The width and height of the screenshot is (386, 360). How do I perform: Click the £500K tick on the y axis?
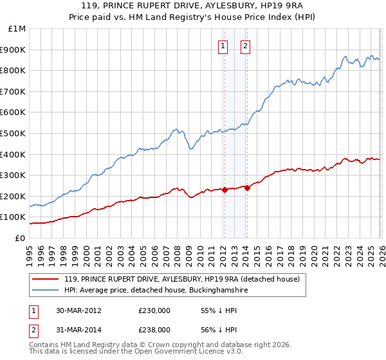(x=14, y=133)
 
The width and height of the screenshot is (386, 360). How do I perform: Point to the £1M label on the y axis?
(x=17, y=28)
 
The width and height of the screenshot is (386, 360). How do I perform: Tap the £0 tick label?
(x=20, y=238)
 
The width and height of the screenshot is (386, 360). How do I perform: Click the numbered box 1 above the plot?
(x=223, y=46)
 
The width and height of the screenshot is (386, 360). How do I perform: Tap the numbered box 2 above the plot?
(x=246, y=46)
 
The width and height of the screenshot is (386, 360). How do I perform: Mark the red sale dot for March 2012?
(x=225, y=190)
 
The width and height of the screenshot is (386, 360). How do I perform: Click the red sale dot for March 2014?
(x=247, y=188)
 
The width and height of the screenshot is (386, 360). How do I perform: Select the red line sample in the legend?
(x=46, y=280)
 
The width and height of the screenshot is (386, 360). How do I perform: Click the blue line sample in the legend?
(x=46, y=291)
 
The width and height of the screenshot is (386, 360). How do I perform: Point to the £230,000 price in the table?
(x=154, y=310)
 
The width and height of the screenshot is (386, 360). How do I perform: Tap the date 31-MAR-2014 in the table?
(x=78, y=329)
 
